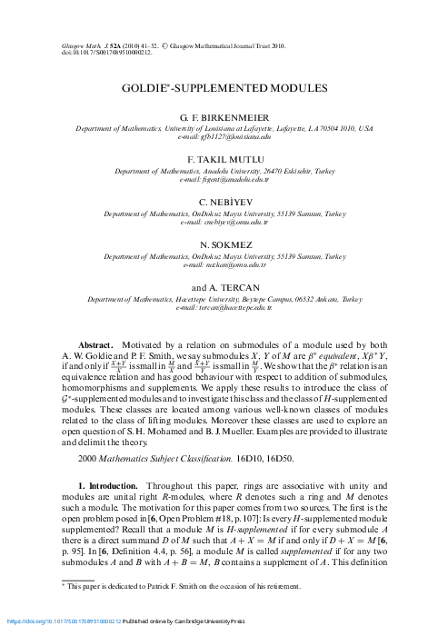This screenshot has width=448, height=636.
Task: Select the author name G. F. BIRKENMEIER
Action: pos(224,119)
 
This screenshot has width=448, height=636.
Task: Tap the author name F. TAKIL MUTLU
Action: pos(224,157)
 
